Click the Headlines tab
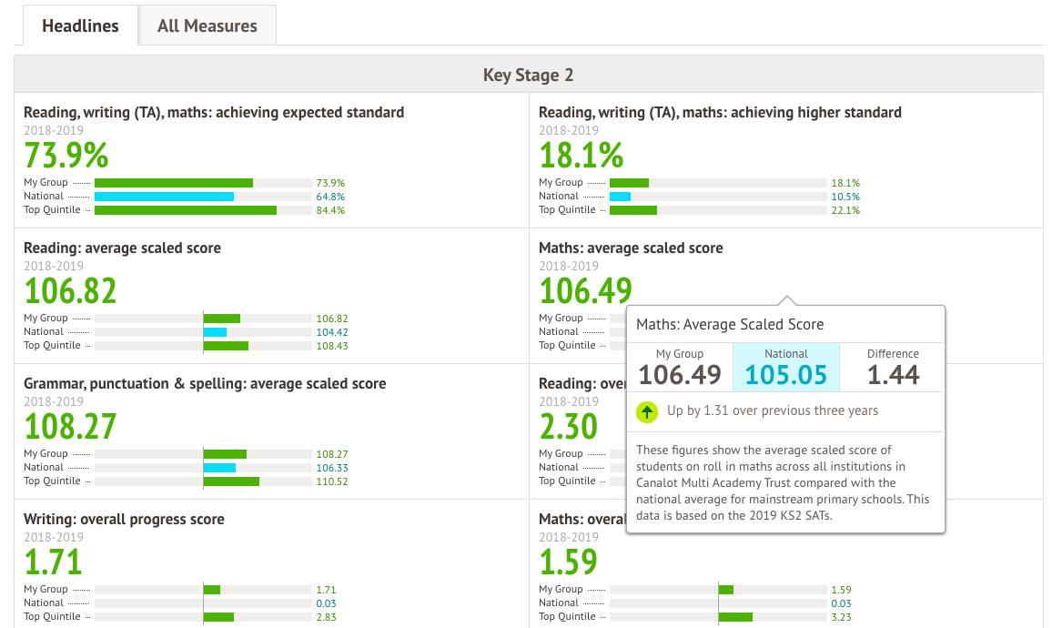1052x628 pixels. pyautogui.click(x=80, y=25)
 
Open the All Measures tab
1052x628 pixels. pyautogui.click(x=207, y=25)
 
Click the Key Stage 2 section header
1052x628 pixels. pyautogui.click(x=528, y=75)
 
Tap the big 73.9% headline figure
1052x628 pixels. pyautogui.click(x=66, y=156)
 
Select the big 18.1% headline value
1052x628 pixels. pyautogui.click(x=581, y=156)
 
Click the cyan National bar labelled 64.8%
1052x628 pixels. pyautogui.click(x=164, y=197)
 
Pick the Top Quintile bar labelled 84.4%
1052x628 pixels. pyautogui.click(x=186, y=210)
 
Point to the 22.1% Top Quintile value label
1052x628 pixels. pyautogui.click(x=845, y=210)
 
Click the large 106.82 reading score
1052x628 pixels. pyautogui.click(x=70, y=291)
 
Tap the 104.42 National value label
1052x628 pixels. pyautogui.click(x=331, y=332)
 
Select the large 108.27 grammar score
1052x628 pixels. pyautogui.click(x=70, y=427)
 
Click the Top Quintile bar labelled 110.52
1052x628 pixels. pyautogui.click(x=231, y=481)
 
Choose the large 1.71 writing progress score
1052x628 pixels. pyautogui.click(x=53, y=562)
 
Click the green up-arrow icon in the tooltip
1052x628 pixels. pyautogui.click(x=647, y=411)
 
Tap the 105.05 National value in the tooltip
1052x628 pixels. pyautogui.click(x=786, y=374)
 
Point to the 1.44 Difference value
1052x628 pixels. pyautogui.click(x=893, y=374)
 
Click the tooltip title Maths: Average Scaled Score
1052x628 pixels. pyautogui.click(x=730, y=324)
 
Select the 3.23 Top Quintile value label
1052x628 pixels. pyautogui.click(x=841, y=617)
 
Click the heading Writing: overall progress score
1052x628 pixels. pyautogui.click(x=124, y=520)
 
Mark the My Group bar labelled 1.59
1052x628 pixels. pyautogui.click(x=725, y=590)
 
